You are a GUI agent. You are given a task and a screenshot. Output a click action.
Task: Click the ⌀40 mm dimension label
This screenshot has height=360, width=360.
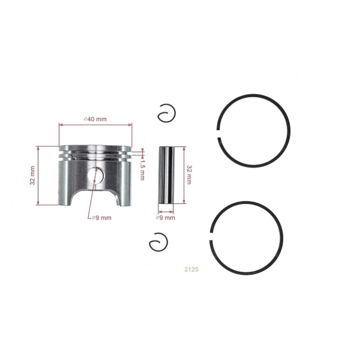coord(95,119)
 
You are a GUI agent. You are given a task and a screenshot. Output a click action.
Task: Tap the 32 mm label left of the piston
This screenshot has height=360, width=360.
coord(32,175)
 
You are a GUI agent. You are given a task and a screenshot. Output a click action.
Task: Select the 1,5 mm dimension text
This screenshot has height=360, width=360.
coord(142,169)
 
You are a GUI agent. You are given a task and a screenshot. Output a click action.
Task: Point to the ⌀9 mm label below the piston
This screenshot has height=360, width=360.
coord(101,218)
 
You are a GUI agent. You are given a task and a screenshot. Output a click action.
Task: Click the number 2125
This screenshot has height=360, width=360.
coord(191,269)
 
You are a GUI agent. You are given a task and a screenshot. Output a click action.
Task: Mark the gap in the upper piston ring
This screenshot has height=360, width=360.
coord(220,131)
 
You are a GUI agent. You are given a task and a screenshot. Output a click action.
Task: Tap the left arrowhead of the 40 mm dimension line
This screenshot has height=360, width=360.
coord(60,125)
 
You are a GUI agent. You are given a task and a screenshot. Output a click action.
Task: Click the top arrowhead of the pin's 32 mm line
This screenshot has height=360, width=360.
coord(183,147)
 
